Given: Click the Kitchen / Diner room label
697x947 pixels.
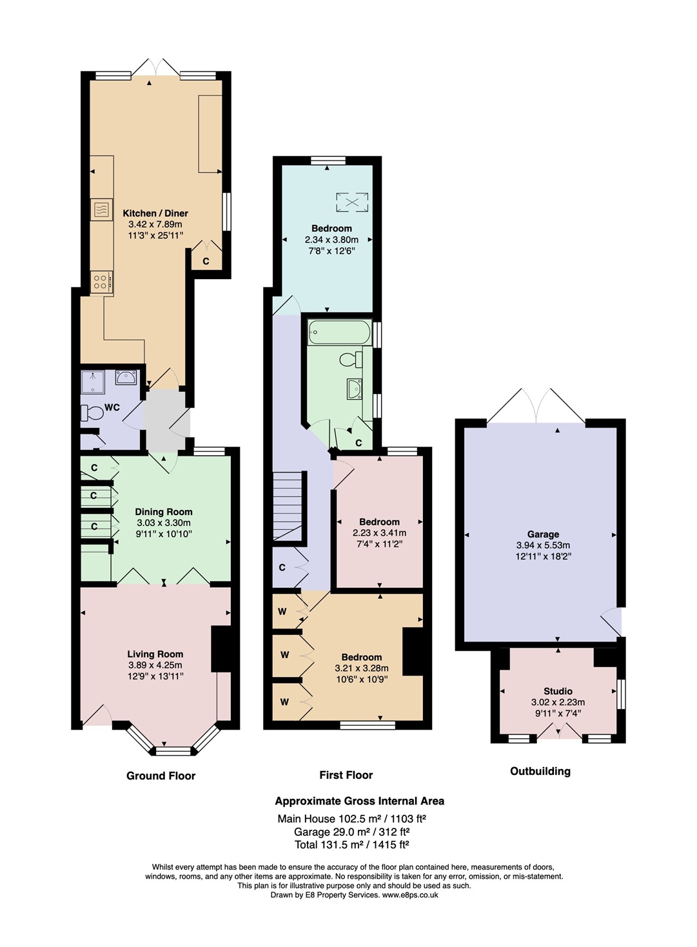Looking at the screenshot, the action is (155, 213).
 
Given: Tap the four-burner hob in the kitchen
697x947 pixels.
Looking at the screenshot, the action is (101, 282).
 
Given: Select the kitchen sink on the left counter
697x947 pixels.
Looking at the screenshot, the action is (101, 210).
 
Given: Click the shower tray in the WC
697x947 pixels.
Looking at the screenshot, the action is (93, 382).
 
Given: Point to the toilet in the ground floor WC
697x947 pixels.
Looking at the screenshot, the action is (92, 413).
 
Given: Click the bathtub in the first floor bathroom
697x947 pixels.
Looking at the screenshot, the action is (340, 332).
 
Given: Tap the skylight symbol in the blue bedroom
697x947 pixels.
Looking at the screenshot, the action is (352, 202).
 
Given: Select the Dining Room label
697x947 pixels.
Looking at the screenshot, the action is (164, 512).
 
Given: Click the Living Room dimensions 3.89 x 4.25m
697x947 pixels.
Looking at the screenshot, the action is (155, 665).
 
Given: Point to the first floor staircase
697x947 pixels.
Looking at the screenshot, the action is (288, 505).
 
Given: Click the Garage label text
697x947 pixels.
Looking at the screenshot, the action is (543, 534).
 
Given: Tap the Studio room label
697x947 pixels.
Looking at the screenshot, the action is (558, 691).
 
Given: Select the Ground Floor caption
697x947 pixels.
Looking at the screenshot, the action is (161, 776).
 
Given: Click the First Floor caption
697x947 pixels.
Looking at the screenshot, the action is (346, 775).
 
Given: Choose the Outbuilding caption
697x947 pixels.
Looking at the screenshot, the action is (540, 771).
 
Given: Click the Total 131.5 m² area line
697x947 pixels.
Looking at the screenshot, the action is (352, 844).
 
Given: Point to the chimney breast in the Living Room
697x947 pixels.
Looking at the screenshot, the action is (221, 649).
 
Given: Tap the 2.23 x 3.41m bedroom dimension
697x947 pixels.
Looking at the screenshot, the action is (379, 533).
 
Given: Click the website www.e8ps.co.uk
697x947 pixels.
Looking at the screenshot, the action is (410, 895).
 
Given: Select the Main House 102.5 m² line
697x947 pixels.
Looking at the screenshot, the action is (351, 819).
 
